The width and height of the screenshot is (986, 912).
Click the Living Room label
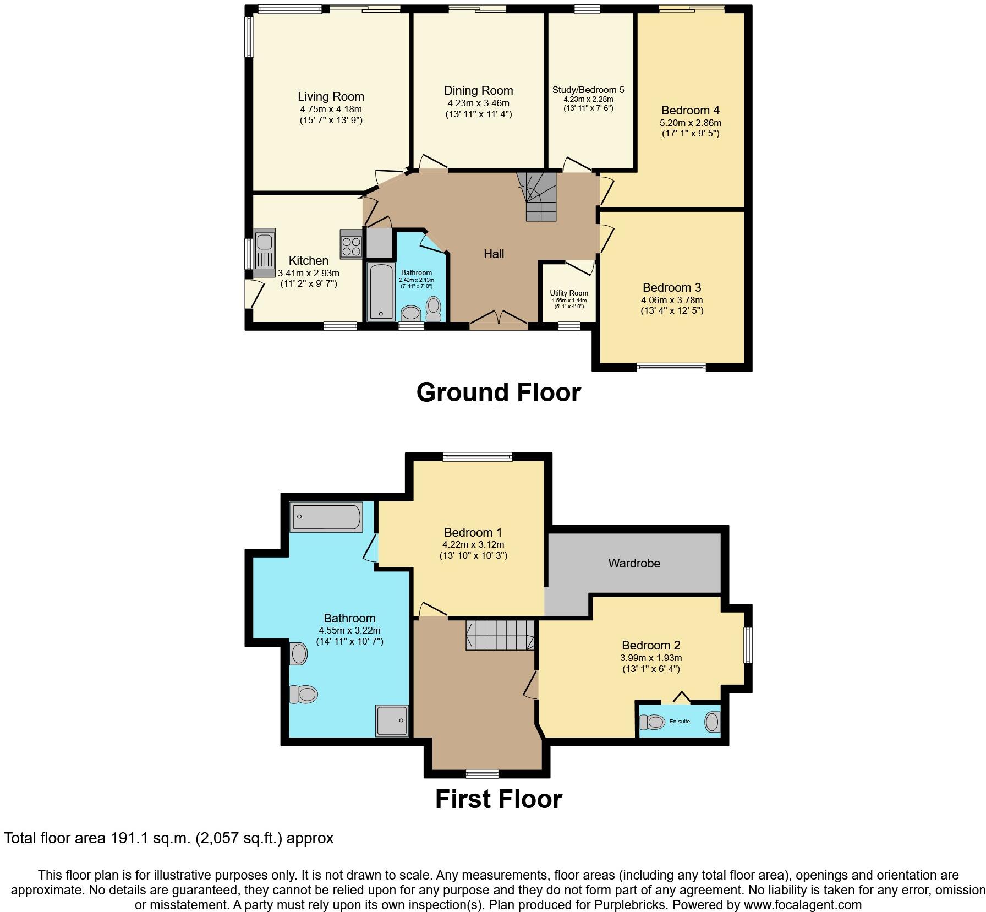[331, 97]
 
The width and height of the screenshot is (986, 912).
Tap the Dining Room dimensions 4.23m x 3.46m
[478, 103]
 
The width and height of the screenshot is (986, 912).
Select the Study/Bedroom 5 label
[588, 90]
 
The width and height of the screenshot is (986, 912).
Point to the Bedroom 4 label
[691, 111]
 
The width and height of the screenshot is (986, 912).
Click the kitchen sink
[265, 253]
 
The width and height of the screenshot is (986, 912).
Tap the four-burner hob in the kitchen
[351, 244]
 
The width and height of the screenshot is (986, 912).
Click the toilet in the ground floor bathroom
[434, 308]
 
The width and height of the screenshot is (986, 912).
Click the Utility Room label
[569, 293]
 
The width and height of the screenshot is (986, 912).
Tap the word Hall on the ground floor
[494, 254]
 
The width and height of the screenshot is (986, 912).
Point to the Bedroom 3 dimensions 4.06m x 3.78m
[672, 300]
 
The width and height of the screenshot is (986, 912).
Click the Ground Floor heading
[499, 392]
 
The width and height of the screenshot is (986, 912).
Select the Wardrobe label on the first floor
[634, 563]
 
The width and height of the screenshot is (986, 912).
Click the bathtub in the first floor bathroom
[326, 517]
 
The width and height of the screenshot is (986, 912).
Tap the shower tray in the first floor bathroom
[392, 720]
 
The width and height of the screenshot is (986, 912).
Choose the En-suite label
[680, 721]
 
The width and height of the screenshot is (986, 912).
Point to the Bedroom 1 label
[473, 532]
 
